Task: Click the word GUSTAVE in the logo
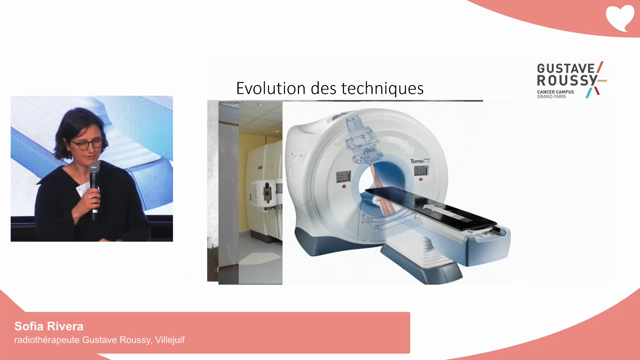coord(566,68)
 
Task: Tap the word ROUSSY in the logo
coord(567,80)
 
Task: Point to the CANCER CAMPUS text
coord(555,92)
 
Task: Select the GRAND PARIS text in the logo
coord(551,97)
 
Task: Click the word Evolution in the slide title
coord(271,88)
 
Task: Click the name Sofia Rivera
coord(49,326)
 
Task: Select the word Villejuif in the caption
coord(170,340)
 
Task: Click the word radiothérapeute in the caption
coord(47,340)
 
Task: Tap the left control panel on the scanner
coord(343,177)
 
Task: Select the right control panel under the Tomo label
coord(421,171)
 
